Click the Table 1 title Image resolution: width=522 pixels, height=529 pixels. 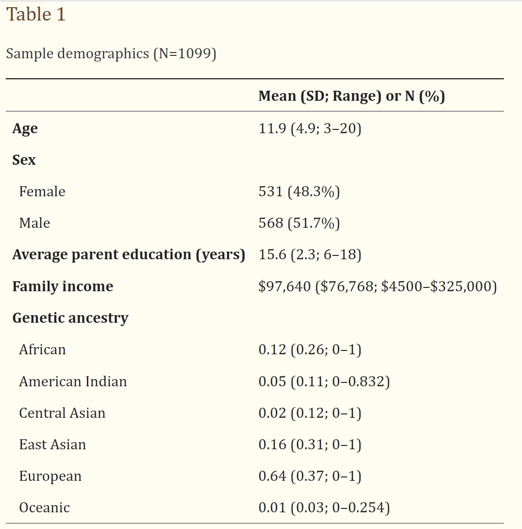pos(36,15)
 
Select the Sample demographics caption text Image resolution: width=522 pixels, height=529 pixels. pos(111,53)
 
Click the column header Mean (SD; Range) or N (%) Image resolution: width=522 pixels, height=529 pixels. pos(352,96)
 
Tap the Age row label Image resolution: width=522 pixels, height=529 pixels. pos(25,128)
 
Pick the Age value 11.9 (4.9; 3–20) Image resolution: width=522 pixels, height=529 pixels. pos(310,128)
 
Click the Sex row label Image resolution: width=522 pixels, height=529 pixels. pos(24,160)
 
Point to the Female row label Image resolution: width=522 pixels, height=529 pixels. pos(42,191)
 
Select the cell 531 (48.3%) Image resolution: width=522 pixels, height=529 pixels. pos(299,191)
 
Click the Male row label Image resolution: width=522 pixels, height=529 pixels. pos(34,223)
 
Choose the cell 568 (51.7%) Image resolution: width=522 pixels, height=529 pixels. pos(299,223)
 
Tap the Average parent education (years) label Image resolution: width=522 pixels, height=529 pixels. pos(128,254)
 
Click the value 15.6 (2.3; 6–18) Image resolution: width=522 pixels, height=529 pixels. pos(310,254)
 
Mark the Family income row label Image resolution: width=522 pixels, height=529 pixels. pos(63,286)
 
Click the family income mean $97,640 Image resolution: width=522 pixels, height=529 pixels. pos(284,286)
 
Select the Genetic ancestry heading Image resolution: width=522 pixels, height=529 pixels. pos(70,318)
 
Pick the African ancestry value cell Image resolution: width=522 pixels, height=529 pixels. pos(310,349)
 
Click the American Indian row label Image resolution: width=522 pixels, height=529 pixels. pos(73,381)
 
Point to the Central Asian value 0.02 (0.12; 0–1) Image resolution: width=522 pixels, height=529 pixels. pos(310,413)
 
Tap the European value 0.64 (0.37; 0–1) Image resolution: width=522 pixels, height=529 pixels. pos(310,476)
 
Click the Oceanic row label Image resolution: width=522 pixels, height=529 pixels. pos(44,508)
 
